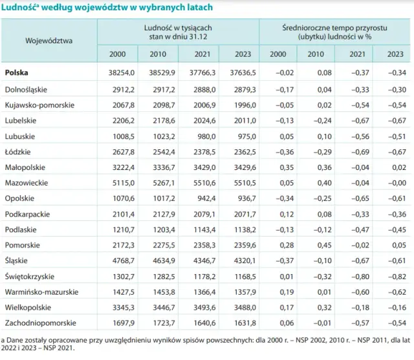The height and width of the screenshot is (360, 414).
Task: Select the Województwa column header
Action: point(49,40)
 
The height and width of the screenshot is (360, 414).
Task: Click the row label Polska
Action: point(16,73)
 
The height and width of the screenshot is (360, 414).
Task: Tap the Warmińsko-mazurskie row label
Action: point(41,291)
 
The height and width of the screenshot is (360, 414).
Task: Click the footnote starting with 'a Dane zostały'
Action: point(194,343)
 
